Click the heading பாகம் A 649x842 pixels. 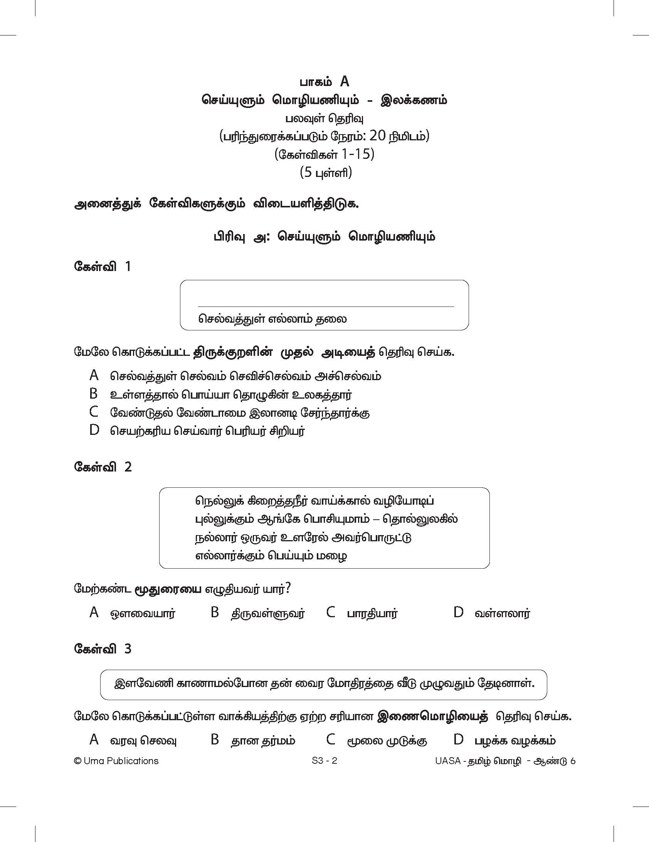[324, 82]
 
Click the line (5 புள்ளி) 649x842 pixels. [326, 172]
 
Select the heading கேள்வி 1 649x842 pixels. [103, 266]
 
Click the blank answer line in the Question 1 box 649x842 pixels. [326, 306]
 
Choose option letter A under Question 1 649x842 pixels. [94, 375]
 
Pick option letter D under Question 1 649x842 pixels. [94, 430]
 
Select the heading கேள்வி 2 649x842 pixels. [103, 467]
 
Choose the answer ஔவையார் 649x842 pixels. [143, 613]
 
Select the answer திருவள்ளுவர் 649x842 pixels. [268, 613]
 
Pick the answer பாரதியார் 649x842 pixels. [372, 613]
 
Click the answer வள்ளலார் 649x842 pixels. [502, 613]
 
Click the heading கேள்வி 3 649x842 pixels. [103, 649]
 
